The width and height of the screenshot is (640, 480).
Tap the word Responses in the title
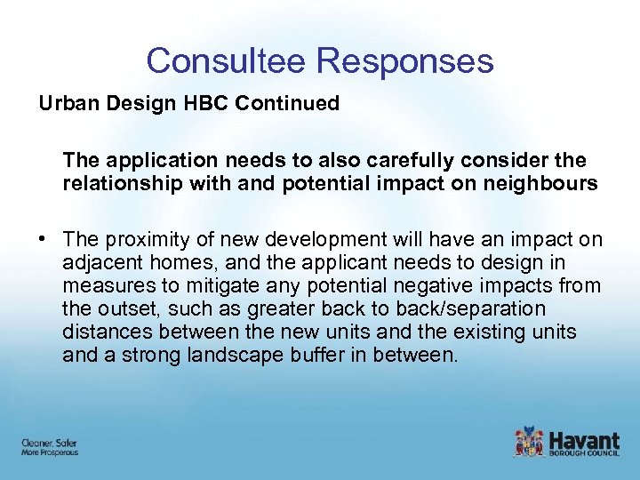pyautogui.click(x=404, y=60)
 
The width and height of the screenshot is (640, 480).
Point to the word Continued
pyautogui.click(x=287, y=103)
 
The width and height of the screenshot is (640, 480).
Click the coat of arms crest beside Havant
pyautogui.click(x=529, y=442)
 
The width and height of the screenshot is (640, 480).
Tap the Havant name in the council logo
pyautogui.click(x=584, y=438)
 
